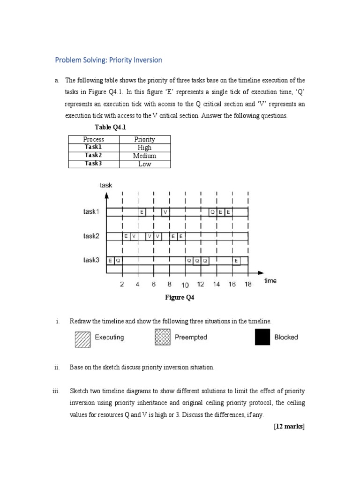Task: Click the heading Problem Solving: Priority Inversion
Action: click(x=108, y=60)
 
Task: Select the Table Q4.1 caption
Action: click(x=111, y=127)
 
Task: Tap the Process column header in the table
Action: click(x=94, y=139)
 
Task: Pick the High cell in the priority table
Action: click(x=145, y=147)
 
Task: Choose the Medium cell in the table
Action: click(x=145, y=156)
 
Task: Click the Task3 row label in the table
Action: click(x=93, y=164)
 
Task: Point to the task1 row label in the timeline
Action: click(x=91, y=211)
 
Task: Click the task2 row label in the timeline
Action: click(x=91, y=236)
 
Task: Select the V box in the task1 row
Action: click(x=165, y=212)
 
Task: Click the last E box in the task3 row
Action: click(x=236, y=260)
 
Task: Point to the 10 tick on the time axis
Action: click(x=185, y=285)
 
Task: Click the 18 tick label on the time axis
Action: click(x=247, y=285)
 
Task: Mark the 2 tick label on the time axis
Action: click(x=122, y=285)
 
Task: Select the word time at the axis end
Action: click(x=270, y=281)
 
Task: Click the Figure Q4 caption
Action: click(x=179, y=298)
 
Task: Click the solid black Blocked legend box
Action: click(x=262, y=337)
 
